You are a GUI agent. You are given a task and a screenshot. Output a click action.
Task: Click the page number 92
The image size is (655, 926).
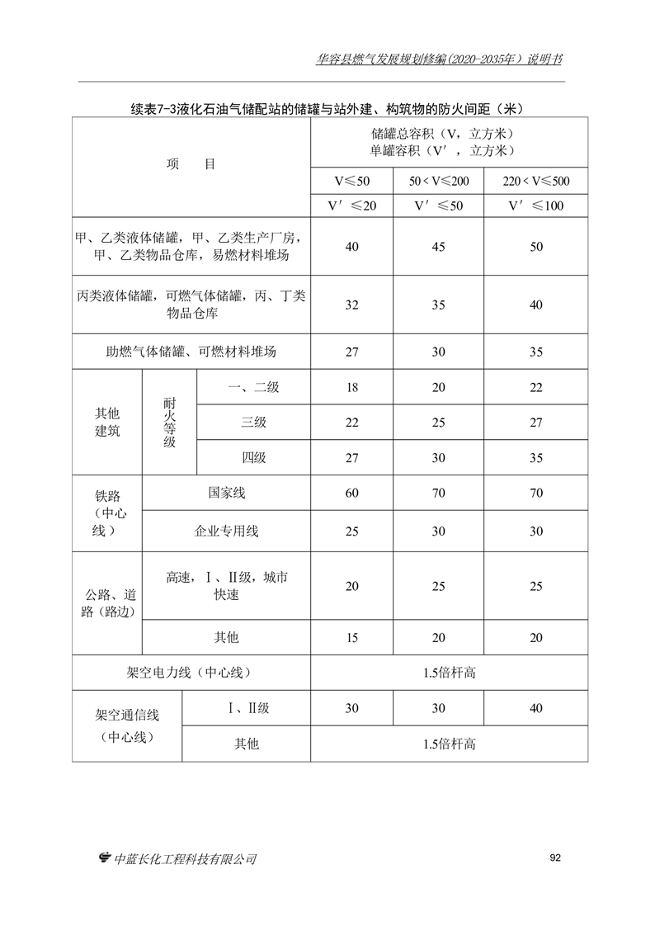[x=555, y=857]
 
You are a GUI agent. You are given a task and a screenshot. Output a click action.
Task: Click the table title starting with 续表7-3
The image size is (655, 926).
[x=328, y=109]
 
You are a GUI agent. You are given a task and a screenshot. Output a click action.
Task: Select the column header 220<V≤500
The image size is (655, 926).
[x=535, y=181]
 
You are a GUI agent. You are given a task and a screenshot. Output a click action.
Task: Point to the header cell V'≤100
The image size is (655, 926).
[x=535, y=206]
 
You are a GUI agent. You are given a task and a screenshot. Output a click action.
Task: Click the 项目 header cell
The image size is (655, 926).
[x=191, y=164]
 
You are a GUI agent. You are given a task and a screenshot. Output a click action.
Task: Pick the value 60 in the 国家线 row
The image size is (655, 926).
[x=351, y=494]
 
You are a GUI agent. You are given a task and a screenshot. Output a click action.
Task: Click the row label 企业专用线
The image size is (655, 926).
[x=226, y=532]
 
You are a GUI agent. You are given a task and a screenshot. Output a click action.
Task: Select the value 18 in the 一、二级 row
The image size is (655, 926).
[x=351, y=388]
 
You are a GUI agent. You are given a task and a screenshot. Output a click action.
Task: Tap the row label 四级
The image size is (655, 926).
[x=253, y=457]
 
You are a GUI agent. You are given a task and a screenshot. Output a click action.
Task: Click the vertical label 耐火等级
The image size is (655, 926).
[x=169, y=423]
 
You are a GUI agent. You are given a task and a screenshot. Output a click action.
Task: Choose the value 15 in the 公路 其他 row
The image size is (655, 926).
[x=351, y=637]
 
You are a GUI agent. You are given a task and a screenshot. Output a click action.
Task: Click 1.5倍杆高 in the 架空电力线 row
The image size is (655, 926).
[x=449, y=673]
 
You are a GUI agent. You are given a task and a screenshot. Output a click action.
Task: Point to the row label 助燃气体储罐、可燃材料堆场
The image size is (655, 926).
[x=191, y=352]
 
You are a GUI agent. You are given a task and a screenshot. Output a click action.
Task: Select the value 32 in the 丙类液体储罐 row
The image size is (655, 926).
[x=351, y=305]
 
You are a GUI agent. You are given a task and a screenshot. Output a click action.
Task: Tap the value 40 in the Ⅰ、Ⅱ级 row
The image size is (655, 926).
[x=535, y=708]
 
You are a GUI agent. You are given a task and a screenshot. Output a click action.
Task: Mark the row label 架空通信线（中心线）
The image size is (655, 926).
[x=127, y=725]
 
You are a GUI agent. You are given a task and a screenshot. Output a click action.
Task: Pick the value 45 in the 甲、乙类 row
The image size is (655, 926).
[x=438, y=247]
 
